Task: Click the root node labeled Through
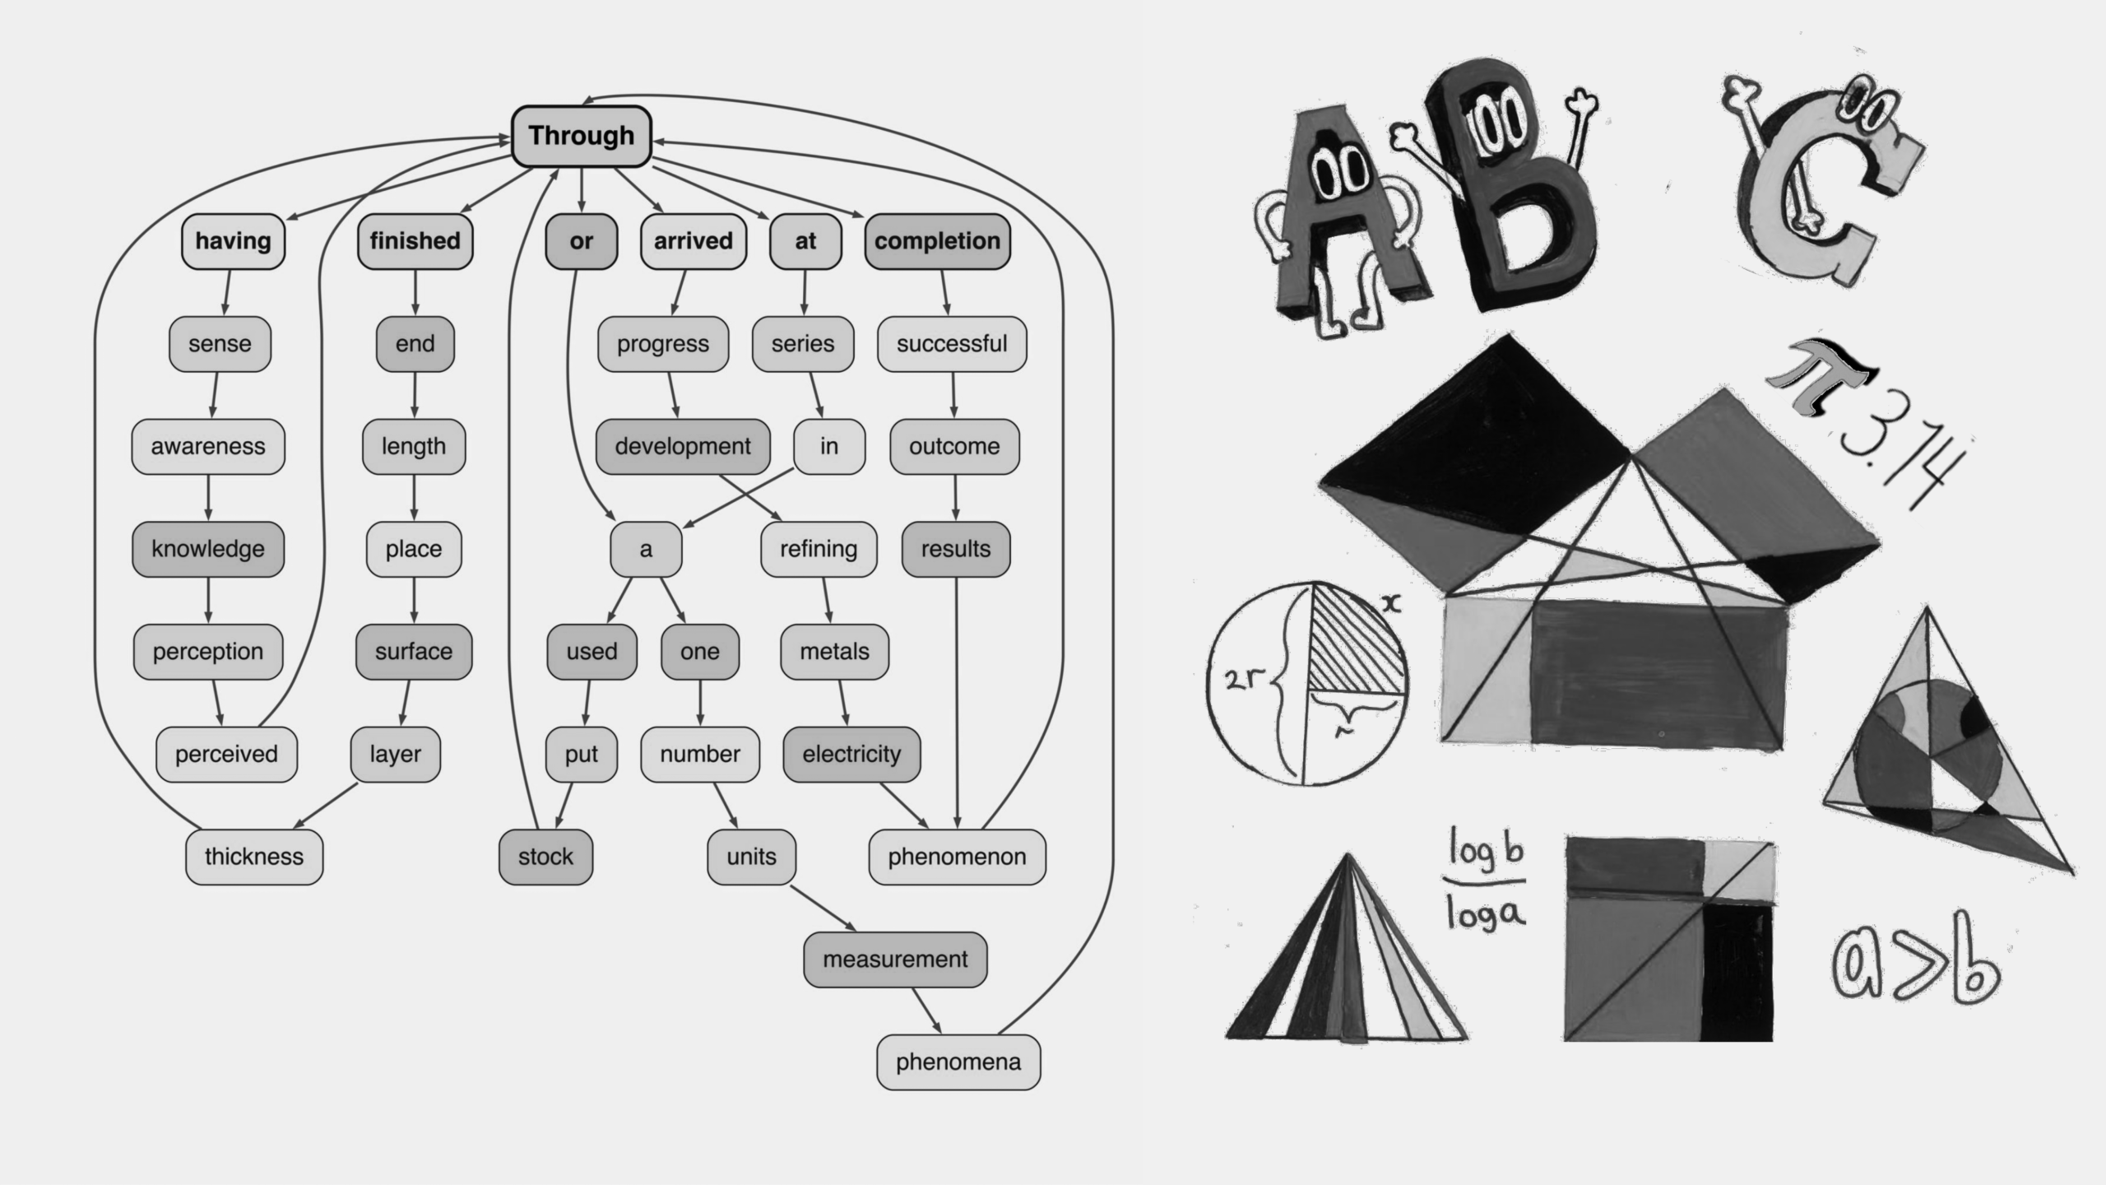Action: pos(582,136)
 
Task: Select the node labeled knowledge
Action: pos(208,549)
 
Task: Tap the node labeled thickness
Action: pos(254,857)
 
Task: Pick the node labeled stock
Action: pos(545,857)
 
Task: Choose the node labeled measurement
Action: pos(895,960)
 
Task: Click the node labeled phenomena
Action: pos(958,1062)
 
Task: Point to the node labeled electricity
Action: pos(851,755)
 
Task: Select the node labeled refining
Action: pos(819,549)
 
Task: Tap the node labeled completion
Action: pos(937,241)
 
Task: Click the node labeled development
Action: pos(683,447)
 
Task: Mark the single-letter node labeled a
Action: pos(646,549)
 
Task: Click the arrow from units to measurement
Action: pos(823,908)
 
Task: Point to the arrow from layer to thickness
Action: pos(326,805)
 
